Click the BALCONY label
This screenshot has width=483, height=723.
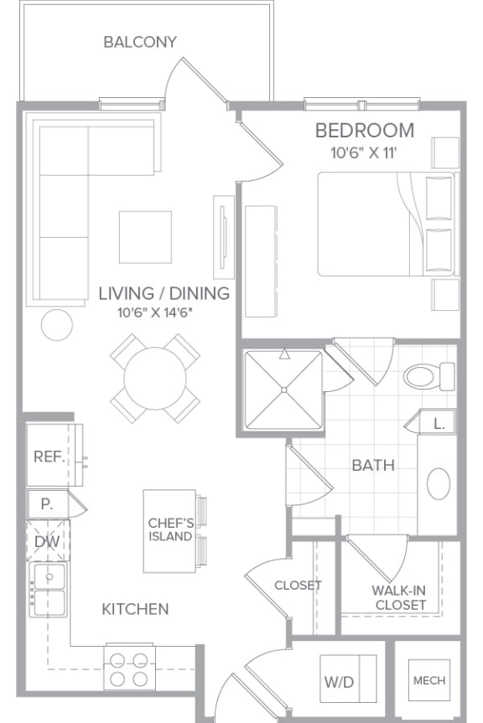[x=140, y=42]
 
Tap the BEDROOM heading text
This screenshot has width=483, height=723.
[x=365, y=131]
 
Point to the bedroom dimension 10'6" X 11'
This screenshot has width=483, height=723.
[x=364, y=152]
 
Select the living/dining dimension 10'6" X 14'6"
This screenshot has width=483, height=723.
[x=155, y=312]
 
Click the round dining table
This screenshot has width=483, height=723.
[x=155, y=378]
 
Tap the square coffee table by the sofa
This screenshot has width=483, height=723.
[x=145, y=237]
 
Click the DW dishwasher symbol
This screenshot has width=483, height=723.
[x=48, y=541]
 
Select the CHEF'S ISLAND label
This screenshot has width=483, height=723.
[x=170, y=529]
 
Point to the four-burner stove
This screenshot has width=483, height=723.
[x=129, y=669]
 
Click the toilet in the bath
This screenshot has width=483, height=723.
[x=429, y=376]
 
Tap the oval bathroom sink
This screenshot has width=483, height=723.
[x=439, y=483]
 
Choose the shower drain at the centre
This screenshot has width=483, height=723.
[x=284, y=390]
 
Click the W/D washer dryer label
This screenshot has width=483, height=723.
[x=339, y=682]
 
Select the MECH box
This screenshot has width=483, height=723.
[x=429, y=680]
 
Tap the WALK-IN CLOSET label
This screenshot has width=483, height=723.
[x=399, y=597]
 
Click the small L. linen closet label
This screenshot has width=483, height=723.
[x=439, y=424]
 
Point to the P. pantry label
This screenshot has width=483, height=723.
[x=46, y=504]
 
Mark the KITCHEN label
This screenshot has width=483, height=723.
[x=135, y=609]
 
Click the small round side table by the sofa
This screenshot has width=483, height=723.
[x=57, y=325]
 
